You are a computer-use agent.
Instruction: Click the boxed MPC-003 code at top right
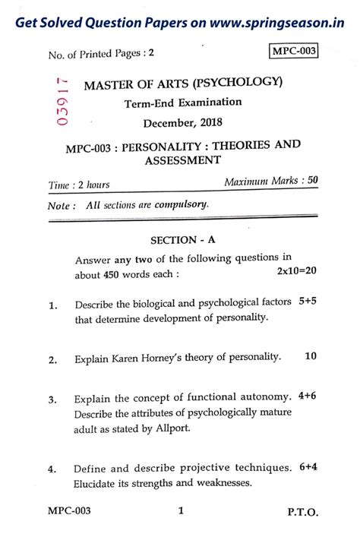coord(294,52)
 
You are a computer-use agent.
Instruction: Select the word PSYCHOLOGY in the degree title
coord(241,83)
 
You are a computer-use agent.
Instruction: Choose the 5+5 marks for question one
coord(308,302)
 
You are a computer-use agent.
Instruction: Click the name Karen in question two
coord(133,357)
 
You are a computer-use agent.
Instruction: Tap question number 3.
coord(53,400)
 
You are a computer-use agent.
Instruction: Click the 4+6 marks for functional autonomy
coord(308,396)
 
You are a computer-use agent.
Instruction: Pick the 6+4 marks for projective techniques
coord(308,466)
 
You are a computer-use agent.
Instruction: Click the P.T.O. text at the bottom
coord(303,513)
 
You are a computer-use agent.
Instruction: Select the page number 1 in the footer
coord(181,511)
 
